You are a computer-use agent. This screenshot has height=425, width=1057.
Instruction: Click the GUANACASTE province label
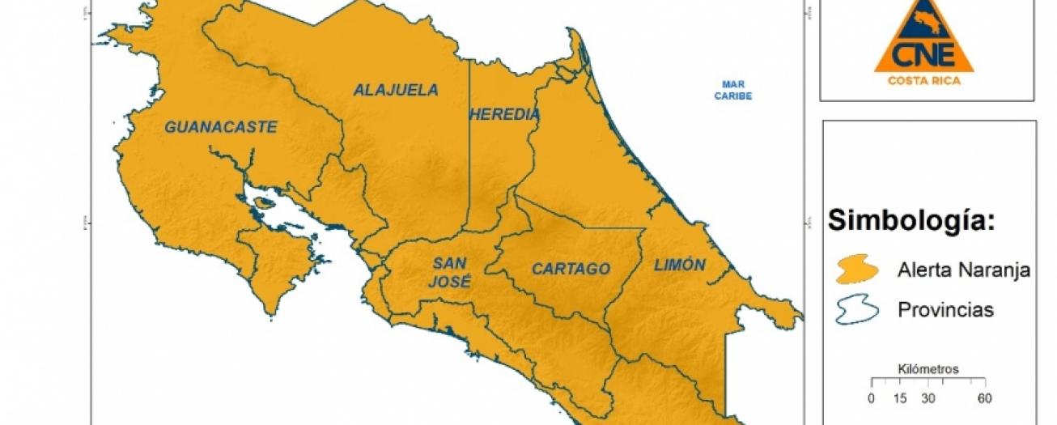(x=221, y=127)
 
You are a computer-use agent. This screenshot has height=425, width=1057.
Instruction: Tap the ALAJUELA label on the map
(x=395, y=90)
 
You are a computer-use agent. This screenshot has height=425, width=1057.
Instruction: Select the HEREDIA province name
(x=504, y=115)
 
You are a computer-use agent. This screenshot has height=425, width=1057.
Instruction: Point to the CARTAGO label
(x=571, y=269)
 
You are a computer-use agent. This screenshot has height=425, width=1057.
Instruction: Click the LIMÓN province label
(x=679, y=265)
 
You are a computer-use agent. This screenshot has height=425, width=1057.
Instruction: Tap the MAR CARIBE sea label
(x=733, y=90)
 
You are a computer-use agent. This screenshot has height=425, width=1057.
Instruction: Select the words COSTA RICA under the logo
(x=923, y=80)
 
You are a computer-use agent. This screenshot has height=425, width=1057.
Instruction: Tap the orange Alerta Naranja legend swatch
(x=856, y=270)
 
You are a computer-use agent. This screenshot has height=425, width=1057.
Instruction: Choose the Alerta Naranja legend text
(x=963, y=270)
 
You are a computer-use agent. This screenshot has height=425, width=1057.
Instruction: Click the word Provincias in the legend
(x=945, y=310)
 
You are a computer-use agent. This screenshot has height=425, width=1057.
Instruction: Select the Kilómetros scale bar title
(x=928, y=369)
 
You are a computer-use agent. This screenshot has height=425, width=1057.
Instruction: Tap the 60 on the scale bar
(x=984, y=398)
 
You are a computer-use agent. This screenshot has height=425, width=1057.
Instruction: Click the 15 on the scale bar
(x=899, y=398)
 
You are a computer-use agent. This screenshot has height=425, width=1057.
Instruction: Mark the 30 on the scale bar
(x=928, y=398)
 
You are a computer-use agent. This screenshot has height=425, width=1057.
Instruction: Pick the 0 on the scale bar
(x=871, y=398)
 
